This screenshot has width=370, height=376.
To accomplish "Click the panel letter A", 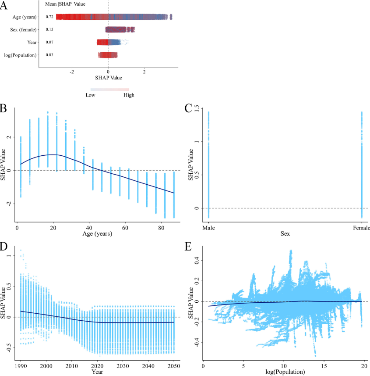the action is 4,5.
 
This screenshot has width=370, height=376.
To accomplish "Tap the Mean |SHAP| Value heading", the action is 65,4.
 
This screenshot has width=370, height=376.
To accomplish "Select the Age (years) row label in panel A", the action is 25,17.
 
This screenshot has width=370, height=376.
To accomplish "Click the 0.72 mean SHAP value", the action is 49,17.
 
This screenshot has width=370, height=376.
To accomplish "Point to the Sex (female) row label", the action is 23,30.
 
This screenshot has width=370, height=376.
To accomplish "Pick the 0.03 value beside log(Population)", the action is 49,55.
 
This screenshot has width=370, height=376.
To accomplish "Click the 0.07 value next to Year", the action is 49,42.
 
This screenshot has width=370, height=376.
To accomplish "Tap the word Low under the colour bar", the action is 90,95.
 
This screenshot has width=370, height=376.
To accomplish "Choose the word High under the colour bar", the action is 129,95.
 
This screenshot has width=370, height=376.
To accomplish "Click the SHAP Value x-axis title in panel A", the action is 109,78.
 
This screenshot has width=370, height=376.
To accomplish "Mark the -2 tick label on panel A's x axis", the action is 72,72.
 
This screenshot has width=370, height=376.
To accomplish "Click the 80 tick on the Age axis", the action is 161,228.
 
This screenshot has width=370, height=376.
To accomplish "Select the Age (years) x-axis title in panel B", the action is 97,234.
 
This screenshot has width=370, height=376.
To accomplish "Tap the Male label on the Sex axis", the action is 208,228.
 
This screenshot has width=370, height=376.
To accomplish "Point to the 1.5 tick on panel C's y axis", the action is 197,108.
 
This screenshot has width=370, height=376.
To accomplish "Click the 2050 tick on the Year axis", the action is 174,366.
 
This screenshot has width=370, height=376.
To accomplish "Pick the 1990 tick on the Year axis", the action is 21,366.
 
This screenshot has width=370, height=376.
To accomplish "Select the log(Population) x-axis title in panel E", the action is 285,372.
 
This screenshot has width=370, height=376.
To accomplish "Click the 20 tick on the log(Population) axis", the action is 364,366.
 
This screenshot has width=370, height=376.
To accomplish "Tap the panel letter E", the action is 188,247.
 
